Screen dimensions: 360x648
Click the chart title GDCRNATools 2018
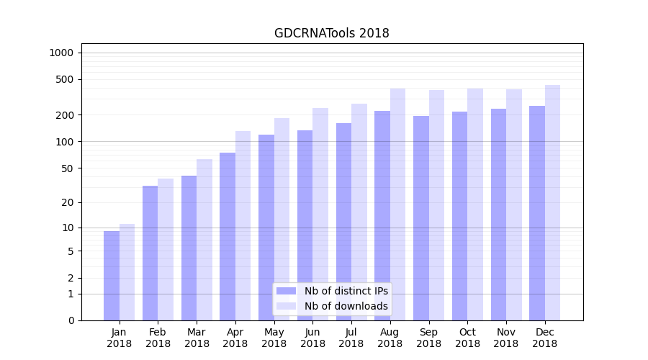(x=332, y=33)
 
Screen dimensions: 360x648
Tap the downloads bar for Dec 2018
(x=552, y=202)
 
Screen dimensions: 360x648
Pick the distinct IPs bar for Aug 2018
(x=382, y=215)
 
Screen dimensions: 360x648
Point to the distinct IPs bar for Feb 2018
(x=150, y=253)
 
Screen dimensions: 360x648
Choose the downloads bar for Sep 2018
(x=436, y=205)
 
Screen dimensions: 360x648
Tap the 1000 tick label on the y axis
(x=61, y=53)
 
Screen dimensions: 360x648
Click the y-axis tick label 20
(x=68, y=202)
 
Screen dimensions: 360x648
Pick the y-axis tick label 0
(x=71, y=320)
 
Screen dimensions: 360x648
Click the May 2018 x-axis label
(x=274, y=338)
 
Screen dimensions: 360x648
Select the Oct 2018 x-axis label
(x=467, y=338)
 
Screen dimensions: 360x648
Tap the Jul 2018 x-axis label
(x=351, y=338)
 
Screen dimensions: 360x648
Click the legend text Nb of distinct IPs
(x=346, y=291)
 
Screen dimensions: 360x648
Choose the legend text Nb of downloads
(x=346, y=306)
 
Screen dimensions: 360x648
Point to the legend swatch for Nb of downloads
(x=287, y=306)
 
